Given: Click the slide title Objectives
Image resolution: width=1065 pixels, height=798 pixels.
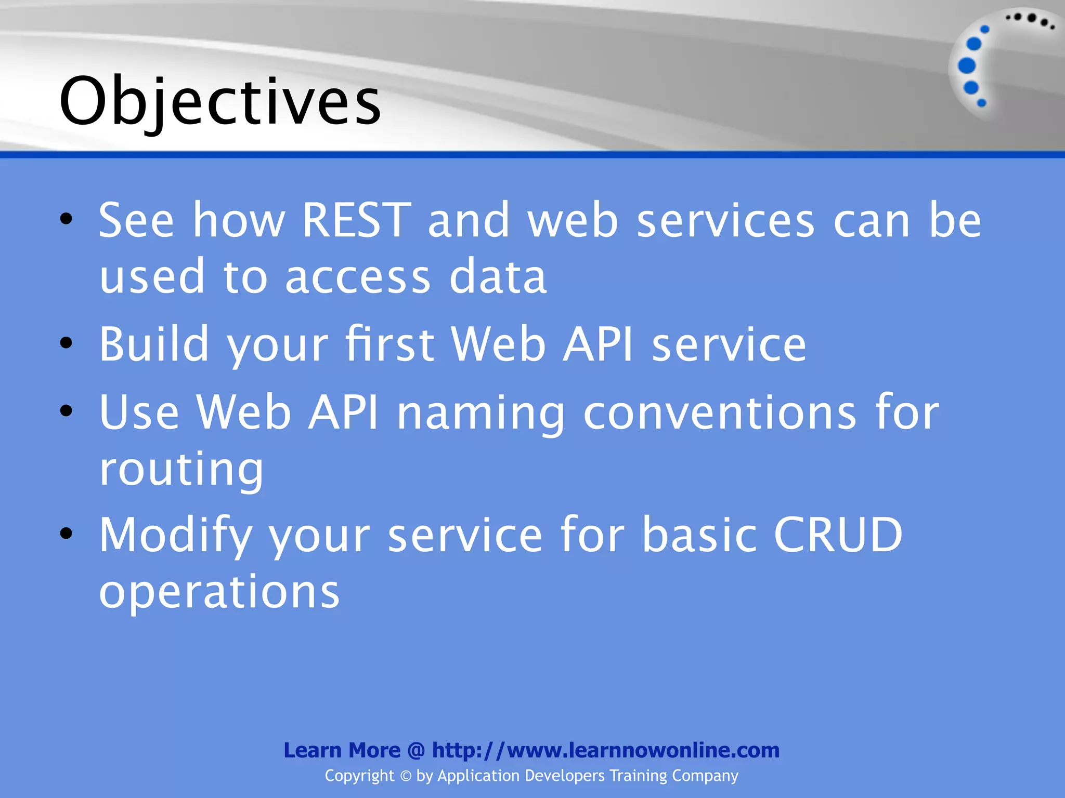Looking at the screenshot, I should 220,101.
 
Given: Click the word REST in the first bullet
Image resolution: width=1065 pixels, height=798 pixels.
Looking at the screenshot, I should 356,220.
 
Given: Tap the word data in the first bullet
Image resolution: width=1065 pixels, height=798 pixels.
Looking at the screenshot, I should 498,276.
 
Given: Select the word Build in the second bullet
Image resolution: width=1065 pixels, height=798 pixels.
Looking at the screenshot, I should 154,343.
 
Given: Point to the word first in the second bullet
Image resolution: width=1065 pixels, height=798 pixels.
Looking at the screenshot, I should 390,343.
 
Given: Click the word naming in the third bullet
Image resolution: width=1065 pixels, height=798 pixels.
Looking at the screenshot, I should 480,413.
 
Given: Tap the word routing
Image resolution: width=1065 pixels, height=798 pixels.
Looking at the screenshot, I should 181,469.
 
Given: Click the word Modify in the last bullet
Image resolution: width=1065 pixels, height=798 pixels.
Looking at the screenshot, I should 175,535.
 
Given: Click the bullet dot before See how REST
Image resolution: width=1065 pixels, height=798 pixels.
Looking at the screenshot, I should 66,219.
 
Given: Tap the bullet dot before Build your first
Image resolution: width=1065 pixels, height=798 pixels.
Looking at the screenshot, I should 66,342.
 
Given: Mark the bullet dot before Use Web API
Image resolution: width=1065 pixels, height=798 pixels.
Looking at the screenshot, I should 66,411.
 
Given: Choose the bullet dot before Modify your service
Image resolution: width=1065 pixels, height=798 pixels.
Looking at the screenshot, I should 66,533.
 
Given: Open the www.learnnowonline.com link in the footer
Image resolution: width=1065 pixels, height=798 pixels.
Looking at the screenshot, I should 606,750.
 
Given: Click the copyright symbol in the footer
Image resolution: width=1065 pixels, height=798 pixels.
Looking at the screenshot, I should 406,776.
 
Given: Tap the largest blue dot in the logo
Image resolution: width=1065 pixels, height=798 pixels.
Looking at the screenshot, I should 966,65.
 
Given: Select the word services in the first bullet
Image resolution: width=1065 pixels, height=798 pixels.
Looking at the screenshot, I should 725,220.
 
